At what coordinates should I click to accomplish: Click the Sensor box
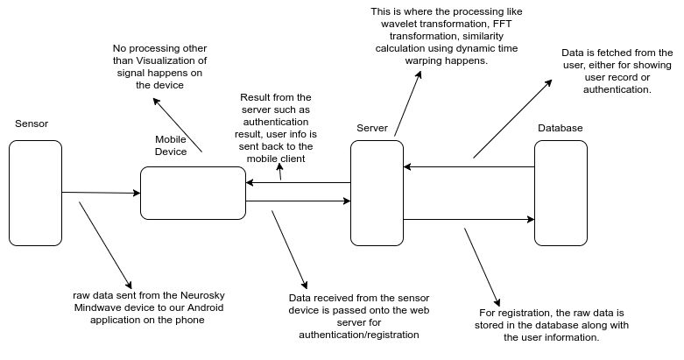click(35, 194)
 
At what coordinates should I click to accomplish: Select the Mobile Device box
click(193, 193)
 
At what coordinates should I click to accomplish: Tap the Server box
click(377, 193)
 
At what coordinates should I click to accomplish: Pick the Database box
click(561, 193)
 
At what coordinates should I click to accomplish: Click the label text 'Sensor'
click(32, 124)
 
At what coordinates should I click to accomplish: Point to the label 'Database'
click(560, 129)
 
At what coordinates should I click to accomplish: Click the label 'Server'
click(372, 129)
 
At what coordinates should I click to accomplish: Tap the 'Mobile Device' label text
click(172, 146)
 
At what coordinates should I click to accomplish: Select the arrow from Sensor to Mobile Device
click(101, 193)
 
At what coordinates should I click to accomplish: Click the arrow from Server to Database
click(469, 219)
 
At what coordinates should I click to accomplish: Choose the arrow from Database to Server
click(469, 166)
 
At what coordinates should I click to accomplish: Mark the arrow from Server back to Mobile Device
click(298, 183)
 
